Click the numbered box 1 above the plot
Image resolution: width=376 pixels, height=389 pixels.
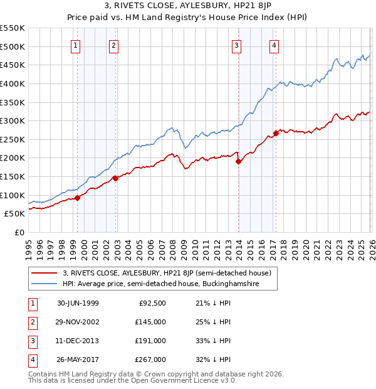75,45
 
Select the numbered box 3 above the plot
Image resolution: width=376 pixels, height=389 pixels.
236,45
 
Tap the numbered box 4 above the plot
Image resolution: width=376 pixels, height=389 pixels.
274,45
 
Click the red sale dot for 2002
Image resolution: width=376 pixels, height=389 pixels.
116,178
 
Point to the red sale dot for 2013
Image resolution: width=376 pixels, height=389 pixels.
238,161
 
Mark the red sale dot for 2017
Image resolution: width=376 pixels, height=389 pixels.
276,133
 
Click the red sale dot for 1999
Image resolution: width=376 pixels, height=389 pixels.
78,198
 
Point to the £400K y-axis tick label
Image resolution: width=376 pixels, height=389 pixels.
13,83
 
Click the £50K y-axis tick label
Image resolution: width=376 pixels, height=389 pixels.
15,214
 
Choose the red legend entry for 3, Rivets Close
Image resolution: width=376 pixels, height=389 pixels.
166,273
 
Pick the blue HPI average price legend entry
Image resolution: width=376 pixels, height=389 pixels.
169,284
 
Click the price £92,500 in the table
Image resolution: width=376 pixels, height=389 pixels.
152,304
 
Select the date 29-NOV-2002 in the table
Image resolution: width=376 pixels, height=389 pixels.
78,322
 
